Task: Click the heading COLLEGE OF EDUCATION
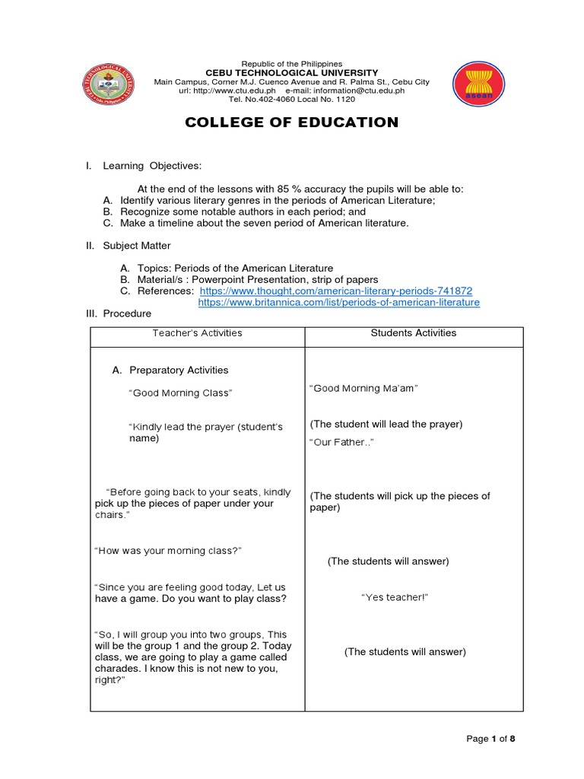tap(292, 122)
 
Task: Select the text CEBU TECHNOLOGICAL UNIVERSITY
tap(292, 73)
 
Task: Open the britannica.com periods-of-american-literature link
tap(339, 302)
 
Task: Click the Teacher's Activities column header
tap(197, 332)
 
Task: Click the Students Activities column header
tap(414, 332)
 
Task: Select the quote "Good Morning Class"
tap(180, 393)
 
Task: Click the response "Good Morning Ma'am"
tap(364, 388)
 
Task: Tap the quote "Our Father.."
tap(341, 442)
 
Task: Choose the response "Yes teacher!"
tap(395, 598)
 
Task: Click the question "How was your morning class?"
tap(168, 550)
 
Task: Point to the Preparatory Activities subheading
tap(179, 370)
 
